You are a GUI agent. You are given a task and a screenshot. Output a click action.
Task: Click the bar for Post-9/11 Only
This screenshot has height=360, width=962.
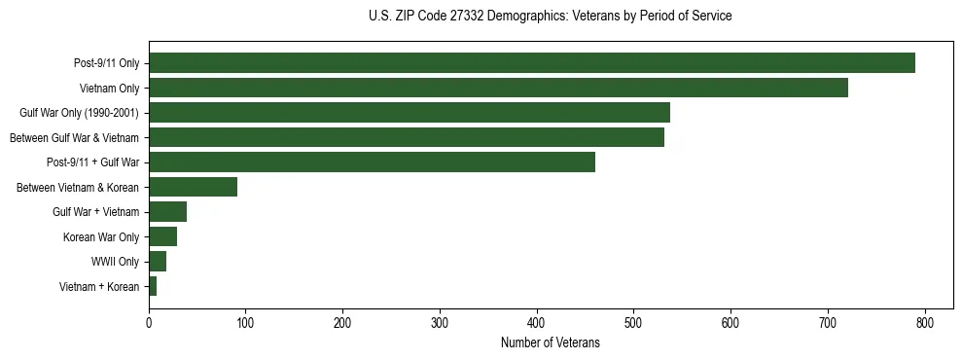(x=531, y=63)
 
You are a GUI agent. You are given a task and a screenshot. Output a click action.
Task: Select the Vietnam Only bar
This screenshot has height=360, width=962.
(x=498, y=89)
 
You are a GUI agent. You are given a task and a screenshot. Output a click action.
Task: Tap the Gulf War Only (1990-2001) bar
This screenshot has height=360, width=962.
(x=409, y=113)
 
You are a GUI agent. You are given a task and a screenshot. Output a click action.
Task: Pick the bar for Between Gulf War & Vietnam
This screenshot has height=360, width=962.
(x=406, y=137)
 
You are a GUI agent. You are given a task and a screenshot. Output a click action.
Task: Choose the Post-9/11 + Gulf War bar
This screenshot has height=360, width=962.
(x=372, y=162)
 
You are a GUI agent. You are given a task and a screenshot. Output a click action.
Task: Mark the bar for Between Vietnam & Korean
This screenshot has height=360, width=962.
(x=193, y=187)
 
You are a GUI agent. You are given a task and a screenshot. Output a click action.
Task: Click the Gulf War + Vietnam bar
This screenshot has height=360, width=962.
(x=167, y=212)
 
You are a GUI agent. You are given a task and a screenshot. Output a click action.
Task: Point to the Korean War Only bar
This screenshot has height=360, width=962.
(x=162, y=236)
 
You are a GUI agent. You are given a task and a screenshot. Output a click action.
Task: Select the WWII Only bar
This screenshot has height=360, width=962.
(x=158, y=261)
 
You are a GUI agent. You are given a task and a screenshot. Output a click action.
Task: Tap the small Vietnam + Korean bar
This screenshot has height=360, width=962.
(x=153, y=286)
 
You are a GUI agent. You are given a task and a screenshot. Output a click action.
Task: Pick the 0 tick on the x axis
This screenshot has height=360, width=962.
(x=149, y=323)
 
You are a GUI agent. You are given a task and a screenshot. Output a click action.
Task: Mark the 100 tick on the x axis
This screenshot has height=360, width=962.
(x=246, y=323)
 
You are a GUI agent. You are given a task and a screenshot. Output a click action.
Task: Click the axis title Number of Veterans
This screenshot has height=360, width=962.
(x=550, y=342)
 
